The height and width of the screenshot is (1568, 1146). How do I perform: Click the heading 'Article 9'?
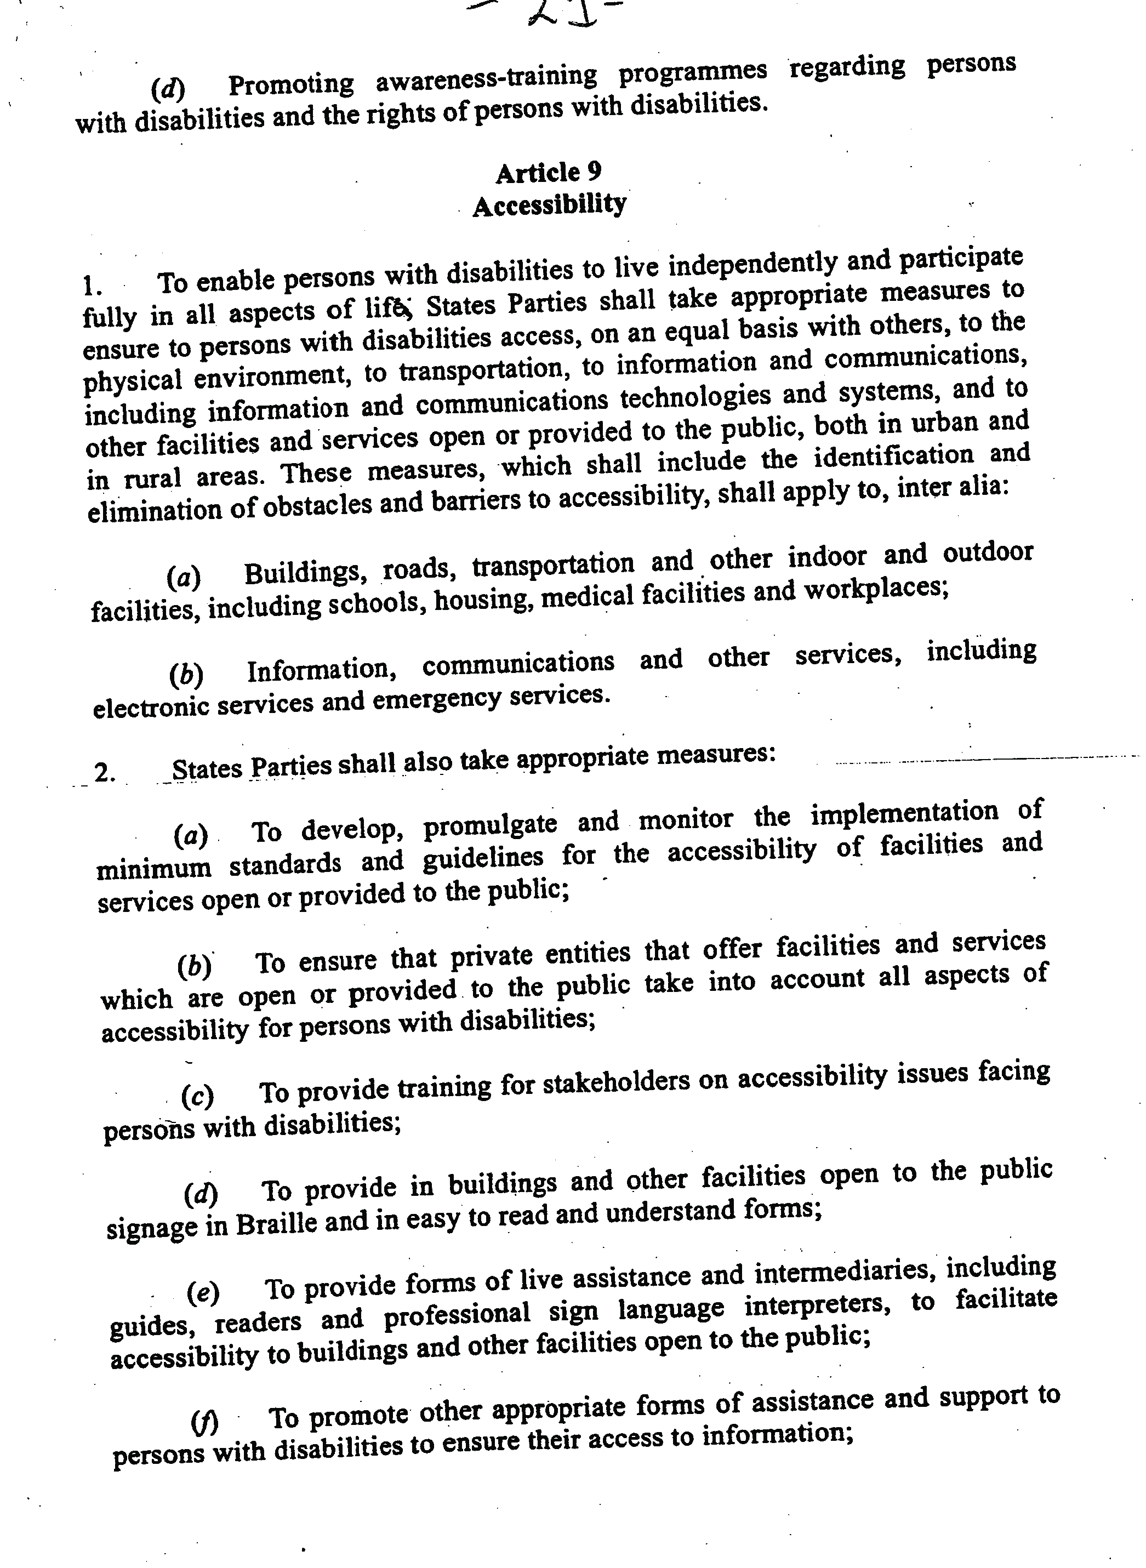[548, 172]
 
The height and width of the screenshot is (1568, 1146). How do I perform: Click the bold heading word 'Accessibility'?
[549, 204]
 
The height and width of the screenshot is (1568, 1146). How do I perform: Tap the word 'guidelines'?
[483, 858]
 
